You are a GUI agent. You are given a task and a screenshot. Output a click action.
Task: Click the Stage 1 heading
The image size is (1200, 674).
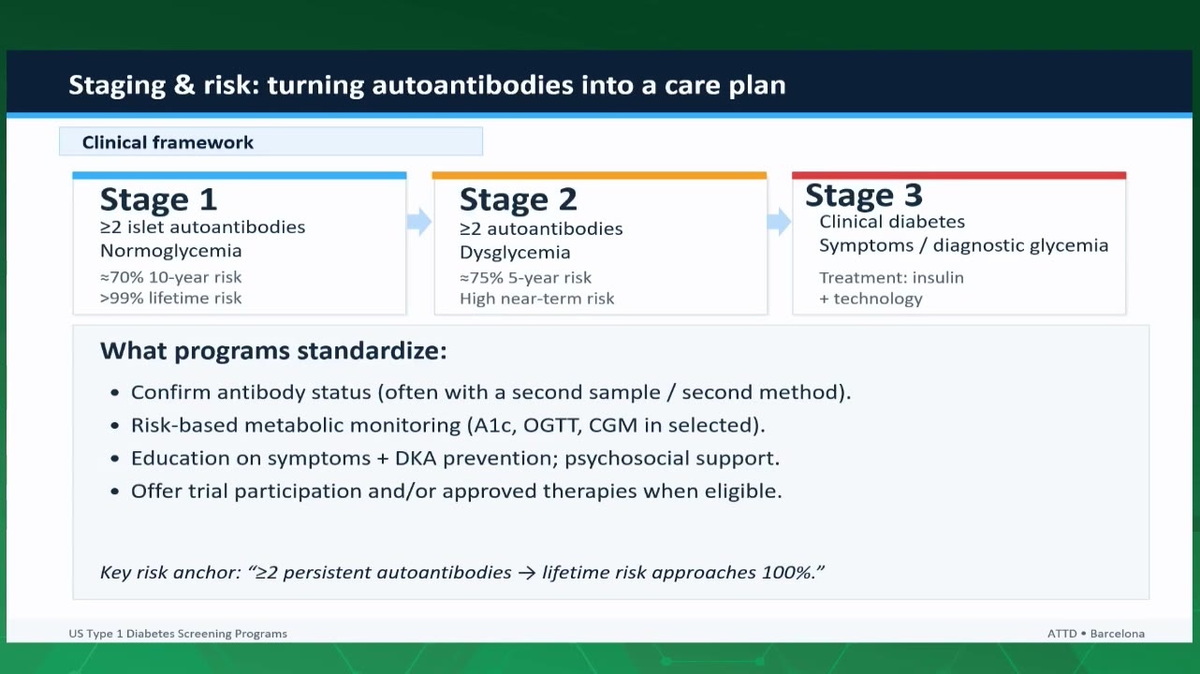[x=158, y=199]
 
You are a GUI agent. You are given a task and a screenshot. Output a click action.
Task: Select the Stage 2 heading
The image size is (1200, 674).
[x=519, y=199]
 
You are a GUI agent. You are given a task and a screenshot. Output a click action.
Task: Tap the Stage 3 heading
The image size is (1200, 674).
[x=864, y=195]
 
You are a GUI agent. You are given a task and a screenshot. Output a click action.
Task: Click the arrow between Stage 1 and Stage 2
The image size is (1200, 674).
[x=419, y=221]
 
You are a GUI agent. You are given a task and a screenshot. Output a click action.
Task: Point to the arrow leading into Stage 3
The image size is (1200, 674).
[x=779, y=221]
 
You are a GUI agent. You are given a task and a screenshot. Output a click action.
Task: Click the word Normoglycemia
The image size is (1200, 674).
[x=171, y=251]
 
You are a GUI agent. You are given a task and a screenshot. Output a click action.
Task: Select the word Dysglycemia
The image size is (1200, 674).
[x=515, y=253]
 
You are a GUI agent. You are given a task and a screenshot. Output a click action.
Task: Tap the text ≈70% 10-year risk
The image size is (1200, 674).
[x=171, y=277]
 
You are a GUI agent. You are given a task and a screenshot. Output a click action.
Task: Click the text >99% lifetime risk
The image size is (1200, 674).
[x=171, y=298]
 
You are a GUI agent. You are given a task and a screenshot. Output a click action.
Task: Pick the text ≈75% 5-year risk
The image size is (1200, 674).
[x=525, y=277]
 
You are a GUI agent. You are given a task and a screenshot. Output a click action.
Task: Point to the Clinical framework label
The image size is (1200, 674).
[x=168, y=142]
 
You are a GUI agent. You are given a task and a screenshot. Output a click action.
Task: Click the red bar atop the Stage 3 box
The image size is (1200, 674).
[x=959, y=176]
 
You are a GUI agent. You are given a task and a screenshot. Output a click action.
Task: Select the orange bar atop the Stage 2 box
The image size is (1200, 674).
[x=599, y=176]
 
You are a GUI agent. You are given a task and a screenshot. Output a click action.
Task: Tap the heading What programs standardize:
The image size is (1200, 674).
[x=273, y=351]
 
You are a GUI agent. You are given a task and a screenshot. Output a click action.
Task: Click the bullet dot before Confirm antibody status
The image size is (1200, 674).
[x=114, y=393]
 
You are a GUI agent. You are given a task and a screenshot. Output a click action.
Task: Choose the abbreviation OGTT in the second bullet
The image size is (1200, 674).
[x=552, y=425]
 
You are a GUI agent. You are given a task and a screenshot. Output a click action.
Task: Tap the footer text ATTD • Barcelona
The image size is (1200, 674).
[x=1096, y=634]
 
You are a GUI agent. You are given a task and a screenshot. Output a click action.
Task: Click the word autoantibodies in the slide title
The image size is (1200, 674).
[x=473, y=85]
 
